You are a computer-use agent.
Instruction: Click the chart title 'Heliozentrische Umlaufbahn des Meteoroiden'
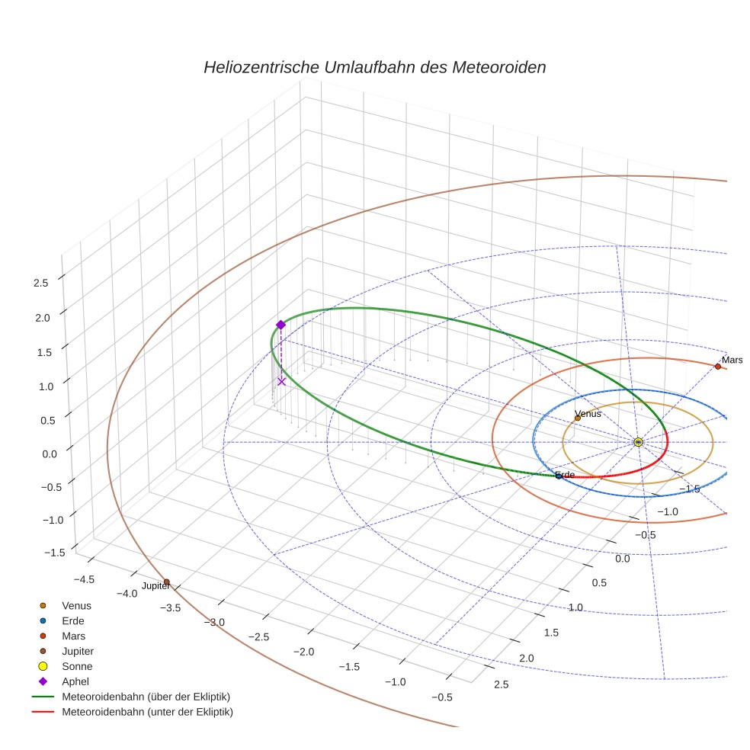tap(374, 67)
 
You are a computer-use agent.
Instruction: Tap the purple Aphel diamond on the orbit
tap(280, 325)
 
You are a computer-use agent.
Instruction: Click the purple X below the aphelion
tap(281, 381)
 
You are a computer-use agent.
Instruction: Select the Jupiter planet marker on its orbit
tap(166, 582)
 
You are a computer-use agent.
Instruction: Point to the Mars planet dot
tap(717, 367)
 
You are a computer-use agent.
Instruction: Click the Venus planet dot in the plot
tap(577, 418)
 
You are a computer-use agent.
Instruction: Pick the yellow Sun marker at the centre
tap(638, 442)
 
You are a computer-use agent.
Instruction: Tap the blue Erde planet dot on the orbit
tap(558, 476)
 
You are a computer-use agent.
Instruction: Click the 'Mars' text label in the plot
tap(732, 360)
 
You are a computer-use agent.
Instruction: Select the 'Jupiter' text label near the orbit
tap(156, 586)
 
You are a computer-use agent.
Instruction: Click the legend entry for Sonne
tap(77, 666)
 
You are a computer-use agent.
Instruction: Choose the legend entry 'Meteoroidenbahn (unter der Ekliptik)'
tap(147, 712)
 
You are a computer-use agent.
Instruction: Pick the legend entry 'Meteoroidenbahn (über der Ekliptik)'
tap(146, 697)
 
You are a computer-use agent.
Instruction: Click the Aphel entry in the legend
tap(76, 681)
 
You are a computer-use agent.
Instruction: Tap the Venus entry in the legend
tap(76, 606)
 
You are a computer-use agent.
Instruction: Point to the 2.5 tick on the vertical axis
tap(40, 283)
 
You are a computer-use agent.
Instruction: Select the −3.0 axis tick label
tap(214, 622)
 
